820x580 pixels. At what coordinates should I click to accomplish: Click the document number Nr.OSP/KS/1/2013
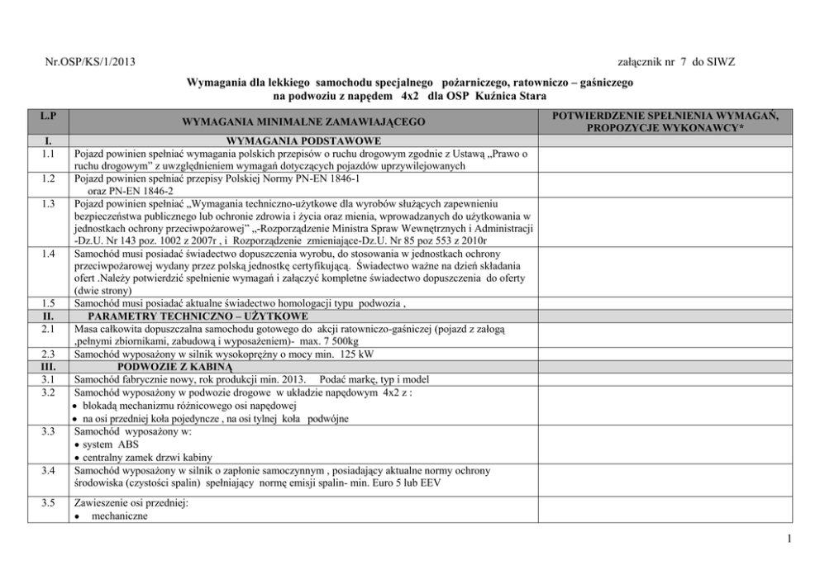[x=91, y=62]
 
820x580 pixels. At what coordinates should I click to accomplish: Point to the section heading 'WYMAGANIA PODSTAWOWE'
[x=303, y=141]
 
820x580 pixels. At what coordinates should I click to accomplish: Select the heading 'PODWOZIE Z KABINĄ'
[x=176, y=367]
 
